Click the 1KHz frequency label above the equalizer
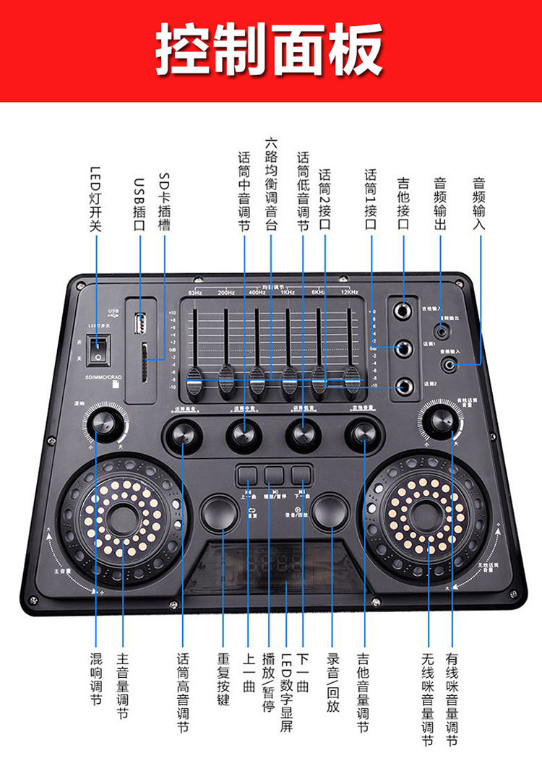click(x=287, y=292)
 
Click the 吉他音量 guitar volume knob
click(x=362, y=434)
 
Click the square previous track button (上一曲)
click(x=247, y=475)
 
